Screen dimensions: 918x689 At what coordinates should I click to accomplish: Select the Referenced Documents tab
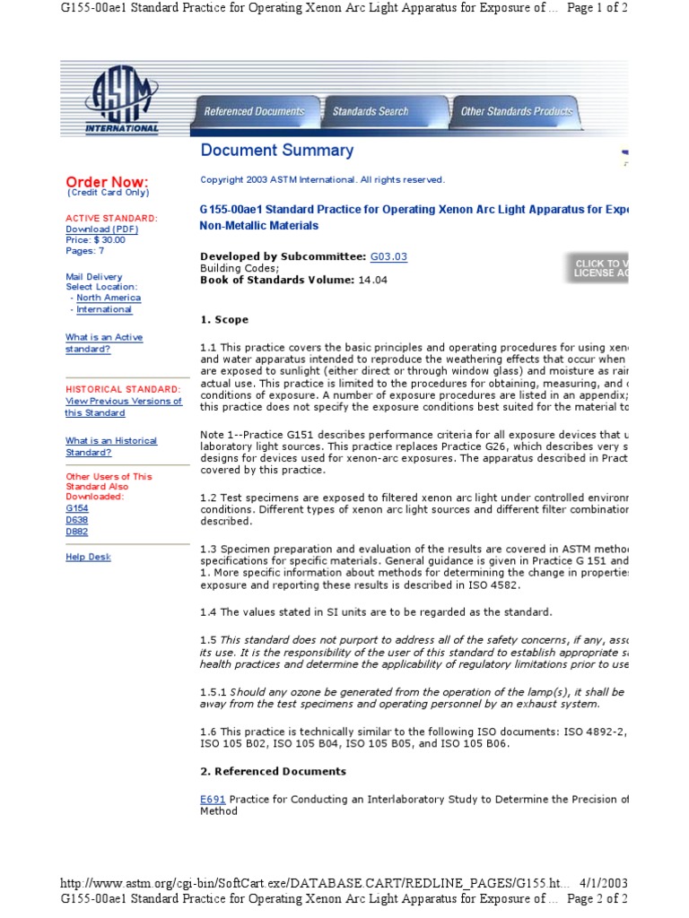click(254, 112)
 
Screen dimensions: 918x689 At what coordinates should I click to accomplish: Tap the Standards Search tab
click(370, 112)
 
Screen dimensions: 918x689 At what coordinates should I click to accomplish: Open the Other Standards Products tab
click(516, 112)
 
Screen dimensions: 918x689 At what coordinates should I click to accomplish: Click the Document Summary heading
click(276, 151)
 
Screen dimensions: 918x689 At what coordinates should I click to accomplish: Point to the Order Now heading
click(107, 182)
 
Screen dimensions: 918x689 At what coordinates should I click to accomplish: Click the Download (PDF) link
click(101, 229)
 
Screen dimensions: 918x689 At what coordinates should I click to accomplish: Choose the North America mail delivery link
click(108, 298)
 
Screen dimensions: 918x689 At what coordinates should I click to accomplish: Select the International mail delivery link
click(104, 309)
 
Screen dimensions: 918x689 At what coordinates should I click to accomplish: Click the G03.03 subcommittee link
click(388, 256)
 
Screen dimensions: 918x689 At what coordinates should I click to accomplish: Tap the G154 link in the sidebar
click(76, 507)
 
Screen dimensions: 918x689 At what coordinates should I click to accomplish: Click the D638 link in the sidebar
click(76, 519)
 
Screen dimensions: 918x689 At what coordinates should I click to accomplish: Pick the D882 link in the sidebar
click(76, 532)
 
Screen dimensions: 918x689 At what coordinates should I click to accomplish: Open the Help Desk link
click(88, 557)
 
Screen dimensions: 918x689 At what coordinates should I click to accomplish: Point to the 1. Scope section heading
click(224, 320)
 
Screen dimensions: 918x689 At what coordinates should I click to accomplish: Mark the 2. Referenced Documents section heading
click(273, 771)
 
